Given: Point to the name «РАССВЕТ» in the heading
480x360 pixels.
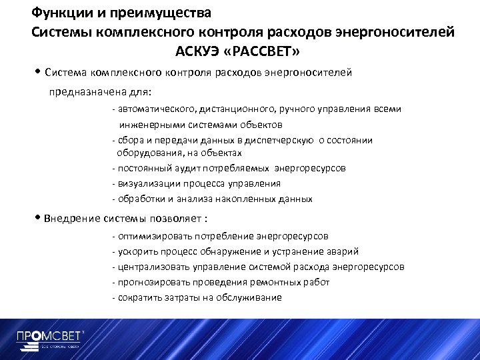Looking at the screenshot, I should tap(269, 51).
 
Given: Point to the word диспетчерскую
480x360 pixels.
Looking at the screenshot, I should tap(282, 140).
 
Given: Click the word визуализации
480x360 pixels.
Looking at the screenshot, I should tap(147, 183).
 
